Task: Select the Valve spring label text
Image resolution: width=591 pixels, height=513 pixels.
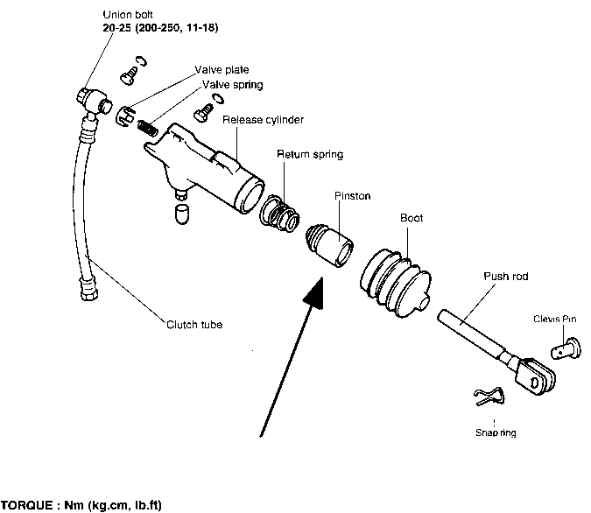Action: [232, 84]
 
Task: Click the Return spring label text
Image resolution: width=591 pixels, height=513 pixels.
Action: [310, 155]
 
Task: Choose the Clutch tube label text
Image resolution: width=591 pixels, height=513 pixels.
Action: [193, 325]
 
